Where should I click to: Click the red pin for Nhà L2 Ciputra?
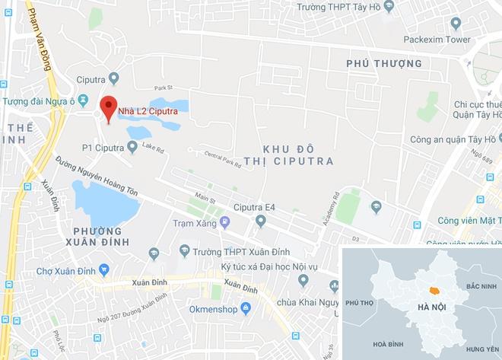click(x=108, y=108)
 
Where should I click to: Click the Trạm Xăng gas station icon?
click(x=224, y=222)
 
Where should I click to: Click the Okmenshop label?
click(x=210, y=309)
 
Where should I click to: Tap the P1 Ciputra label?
click(x=103, y=147)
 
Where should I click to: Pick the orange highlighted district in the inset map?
click(x=434, y=290)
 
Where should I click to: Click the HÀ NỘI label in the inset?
click(x=431, y=307)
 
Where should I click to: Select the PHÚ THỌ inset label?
click(x=363, y=302)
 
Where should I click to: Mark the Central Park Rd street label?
click(x=222, y=158)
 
